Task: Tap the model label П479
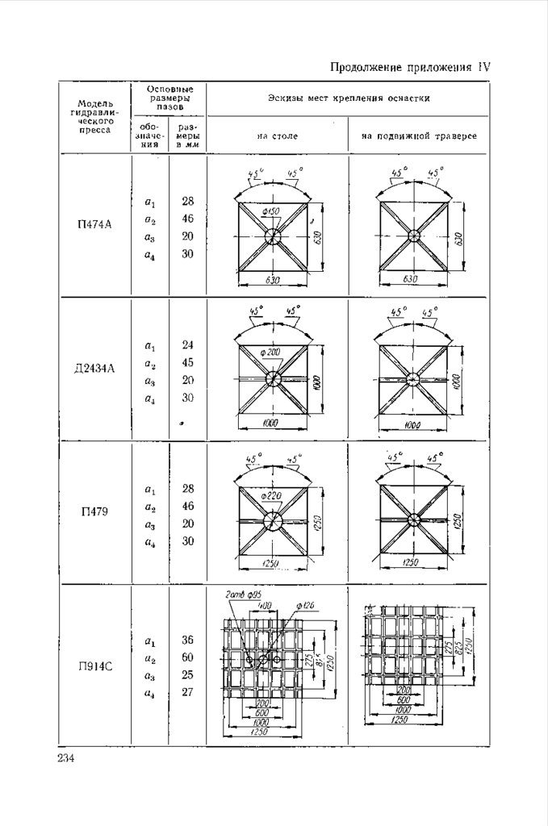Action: (x=94, y=514)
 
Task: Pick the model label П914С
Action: (x=94, y=667)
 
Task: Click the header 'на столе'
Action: (x=278, y=136)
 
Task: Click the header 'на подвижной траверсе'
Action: (x=419, y=136)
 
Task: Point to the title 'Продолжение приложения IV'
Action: (x=412, y=68)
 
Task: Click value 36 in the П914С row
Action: (x=188, y=640)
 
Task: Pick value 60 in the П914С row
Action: (x=188, y=657)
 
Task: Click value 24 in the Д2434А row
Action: (x=188, y=345)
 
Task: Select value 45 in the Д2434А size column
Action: (x=188, y=363)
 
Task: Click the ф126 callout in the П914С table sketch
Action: (x=306, y=607)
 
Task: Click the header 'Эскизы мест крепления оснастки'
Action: (x=348, y=98)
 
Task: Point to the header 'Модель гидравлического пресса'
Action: (x=94, y=116)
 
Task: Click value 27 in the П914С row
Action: (x=188, y=692)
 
